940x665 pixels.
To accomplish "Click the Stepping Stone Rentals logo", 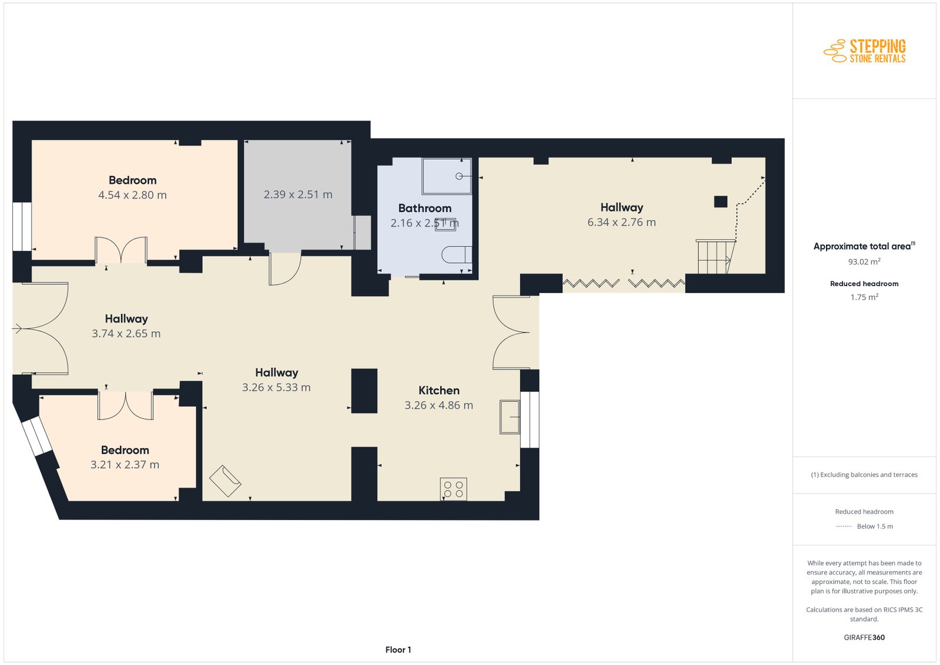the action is click(864, 51).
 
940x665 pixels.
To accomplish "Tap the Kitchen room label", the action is click(439, 391).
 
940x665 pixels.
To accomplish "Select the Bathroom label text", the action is click(425, 208).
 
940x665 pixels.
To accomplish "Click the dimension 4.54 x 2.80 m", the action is click(132, 195).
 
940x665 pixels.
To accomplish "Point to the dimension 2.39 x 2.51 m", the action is click(298, 194).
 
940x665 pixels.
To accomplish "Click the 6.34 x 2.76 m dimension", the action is click(622, 223).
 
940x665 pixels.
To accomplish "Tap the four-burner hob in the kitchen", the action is click(453, 489).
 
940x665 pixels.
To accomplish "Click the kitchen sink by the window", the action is click(509, 417).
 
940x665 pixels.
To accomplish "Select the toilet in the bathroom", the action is click(456, 255).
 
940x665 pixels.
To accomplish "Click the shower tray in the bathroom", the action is click(446, 176).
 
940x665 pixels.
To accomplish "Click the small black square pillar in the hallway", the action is click(720, 202).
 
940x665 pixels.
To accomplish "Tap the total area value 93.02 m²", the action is click(864, 261).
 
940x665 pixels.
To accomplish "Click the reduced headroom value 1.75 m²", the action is click(864, 297).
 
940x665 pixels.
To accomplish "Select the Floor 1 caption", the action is click(398, 650).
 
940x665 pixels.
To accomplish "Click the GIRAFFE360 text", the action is click(864, 637).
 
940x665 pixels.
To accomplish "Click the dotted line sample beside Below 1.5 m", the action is click(844, 526).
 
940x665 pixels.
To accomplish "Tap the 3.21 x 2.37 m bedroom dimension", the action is click(125, 465).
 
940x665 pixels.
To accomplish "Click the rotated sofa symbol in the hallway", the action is click(225, 481).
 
